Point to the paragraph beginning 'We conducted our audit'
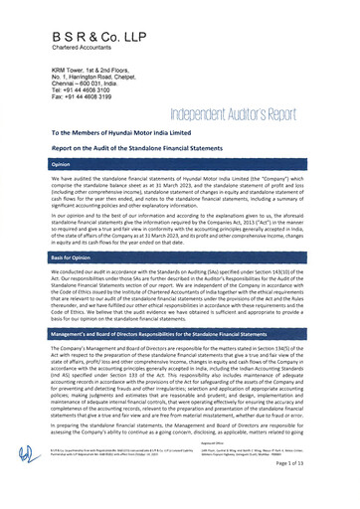click(x=179, y=298)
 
